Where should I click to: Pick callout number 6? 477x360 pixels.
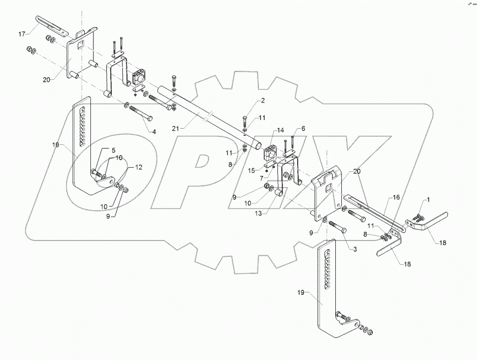point(303,129)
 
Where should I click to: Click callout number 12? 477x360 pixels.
point(139,167)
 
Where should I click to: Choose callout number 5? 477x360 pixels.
point(114,150)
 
